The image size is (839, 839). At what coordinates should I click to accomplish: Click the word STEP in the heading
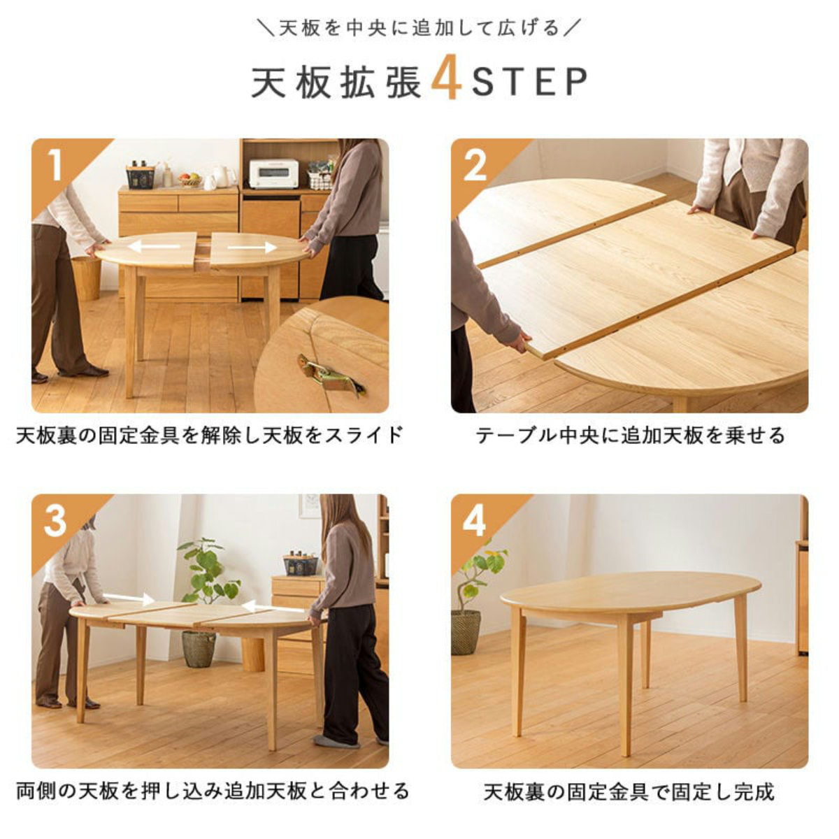point(529,82)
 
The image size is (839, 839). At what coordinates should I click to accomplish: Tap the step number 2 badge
point(475,165)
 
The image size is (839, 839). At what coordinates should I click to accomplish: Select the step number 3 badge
point(55,520)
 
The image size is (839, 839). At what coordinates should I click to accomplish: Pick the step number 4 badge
point(475,520)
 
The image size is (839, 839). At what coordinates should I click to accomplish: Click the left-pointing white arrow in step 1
point(153,246)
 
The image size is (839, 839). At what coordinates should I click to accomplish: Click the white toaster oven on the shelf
point(273,174)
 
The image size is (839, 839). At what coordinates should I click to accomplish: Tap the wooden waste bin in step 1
point(87,277)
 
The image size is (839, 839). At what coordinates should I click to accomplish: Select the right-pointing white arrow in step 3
point(128,598)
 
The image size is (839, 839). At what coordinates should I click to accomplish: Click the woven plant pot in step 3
point(199,648)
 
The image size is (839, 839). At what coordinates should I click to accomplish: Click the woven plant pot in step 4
point(466,632)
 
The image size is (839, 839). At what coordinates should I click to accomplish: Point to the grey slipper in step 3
point(335,741)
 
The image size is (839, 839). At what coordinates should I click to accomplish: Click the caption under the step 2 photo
point(629,435)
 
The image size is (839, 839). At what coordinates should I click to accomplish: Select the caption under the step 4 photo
point(629,791)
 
